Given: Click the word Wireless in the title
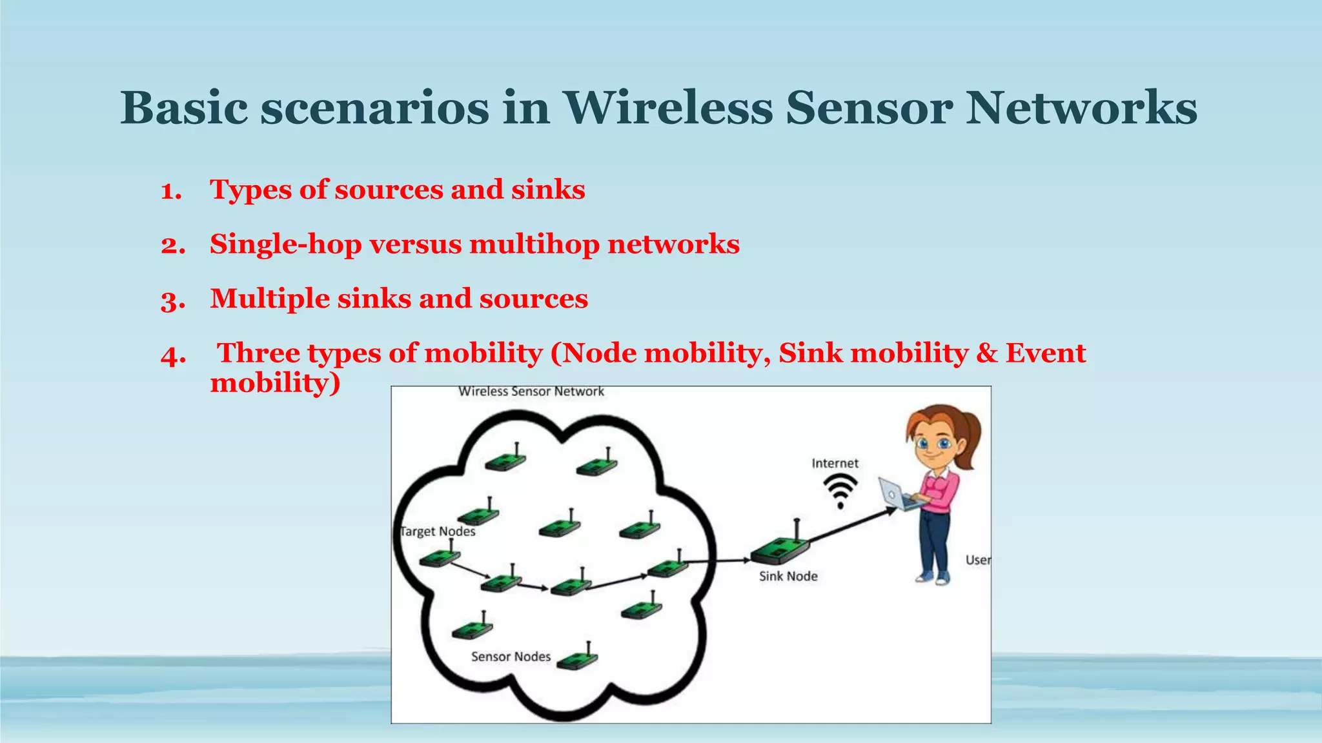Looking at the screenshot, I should (x=669, y=108).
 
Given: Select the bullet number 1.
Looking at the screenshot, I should (x=171, y=191).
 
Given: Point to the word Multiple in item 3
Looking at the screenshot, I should (x=269, y=299).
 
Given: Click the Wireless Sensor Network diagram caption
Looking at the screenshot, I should (x=531, y=391).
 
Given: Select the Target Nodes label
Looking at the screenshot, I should (x=438, y=531).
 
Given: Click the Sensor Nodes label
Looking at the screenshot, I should (x=511, y=657).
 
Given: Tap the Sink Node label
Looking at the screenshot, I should (x=788, y=577).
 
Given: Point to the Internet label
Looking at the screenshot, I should (x=835, y=463).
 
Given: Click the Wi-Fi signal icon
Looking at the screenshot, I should (x=840, y=491).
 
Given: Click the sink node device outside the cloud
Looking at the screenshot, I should (x=780, y=550).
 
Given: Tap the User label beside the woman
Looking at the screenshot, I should (x=977, y=560).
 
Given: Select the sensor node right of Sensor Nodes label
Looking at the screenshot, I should (x=578, y=659).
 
